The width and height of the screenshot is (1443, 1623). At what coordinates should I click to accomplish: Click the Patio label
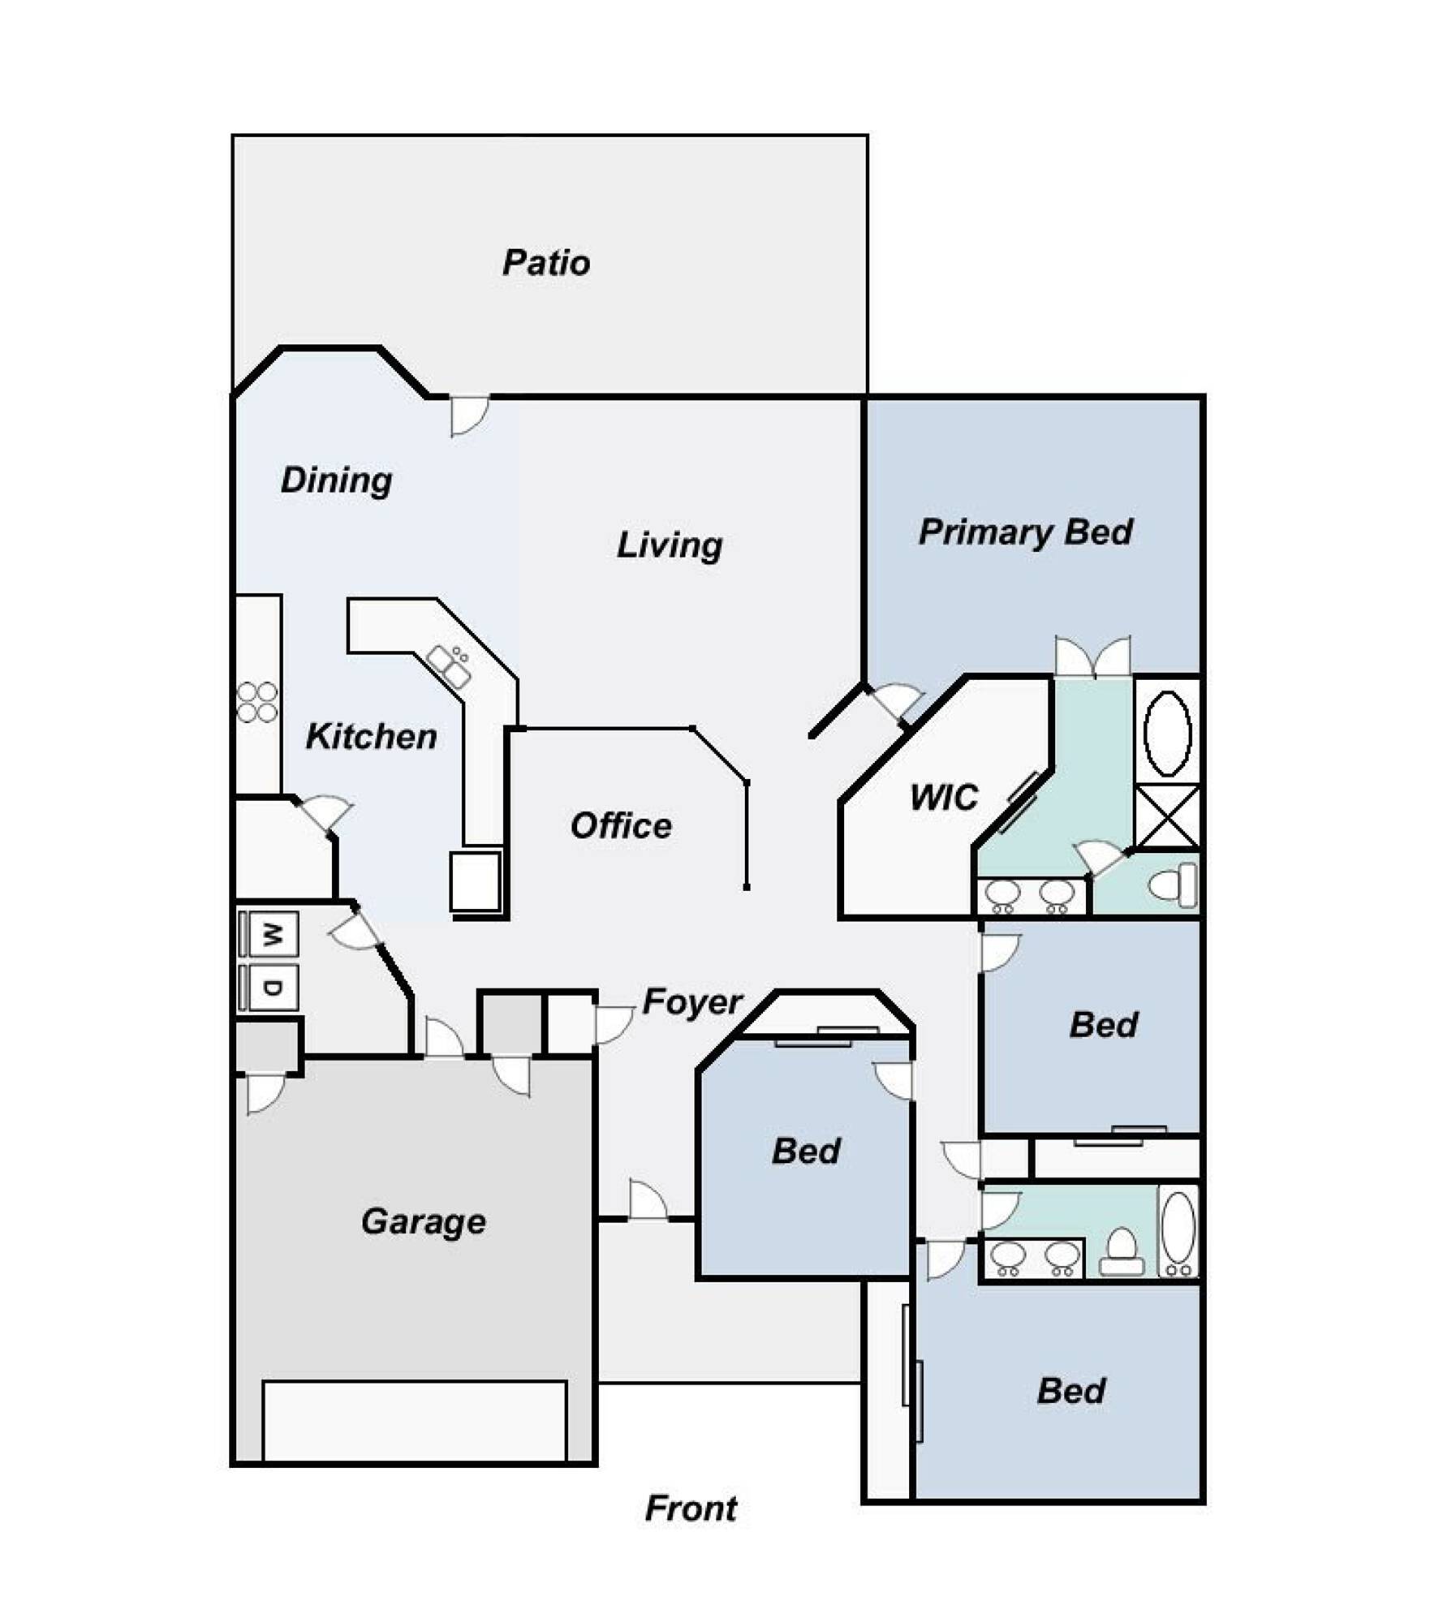[546, 263]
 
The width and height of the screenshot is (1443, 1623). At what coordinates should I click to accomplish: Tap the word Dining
[337, 481]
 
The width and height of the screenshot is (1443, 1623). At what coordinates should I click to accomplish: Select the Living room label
[670, 545]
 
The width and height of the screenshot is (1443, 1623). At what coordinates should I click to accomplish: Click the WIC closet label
[944, 798]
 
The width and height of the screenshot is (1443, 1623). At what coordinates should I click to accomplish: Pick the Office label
[621, 826]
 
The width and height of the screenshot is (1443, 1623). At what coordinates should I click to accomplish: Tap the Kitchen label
[372, 737]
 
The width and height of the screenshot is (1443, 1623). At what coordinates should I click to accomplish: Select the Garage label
[424, 1222]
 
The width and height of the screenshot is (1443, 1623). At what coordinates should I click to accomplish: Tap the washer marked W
[269, 934]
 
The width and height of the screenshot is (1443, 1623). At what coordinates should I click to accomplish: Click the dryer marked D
[269, 988]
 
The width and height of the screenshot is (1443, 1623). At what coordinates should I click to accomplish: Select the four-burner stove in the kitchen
[257, 703]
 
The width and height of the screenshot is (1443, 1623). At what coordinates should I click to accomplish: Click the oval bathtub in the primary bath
[1167, 734]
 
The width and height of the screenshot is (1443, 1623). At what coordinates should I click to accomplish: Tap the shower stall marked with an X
[1167, 816]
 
